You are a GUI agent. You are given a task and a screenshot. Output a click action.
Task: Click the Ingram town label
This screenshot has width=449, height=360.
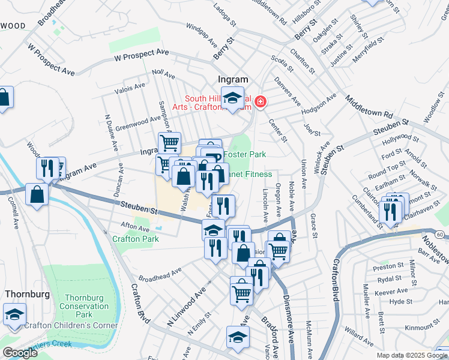[x=232, y=79]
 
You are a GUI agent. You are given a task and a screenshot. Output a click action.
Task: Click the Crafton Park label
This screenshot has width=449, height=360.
[x=135, y=238]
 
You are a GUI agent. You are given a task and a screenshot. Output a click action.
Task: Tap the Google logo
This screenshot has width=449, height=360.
[x=19, y=353]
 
